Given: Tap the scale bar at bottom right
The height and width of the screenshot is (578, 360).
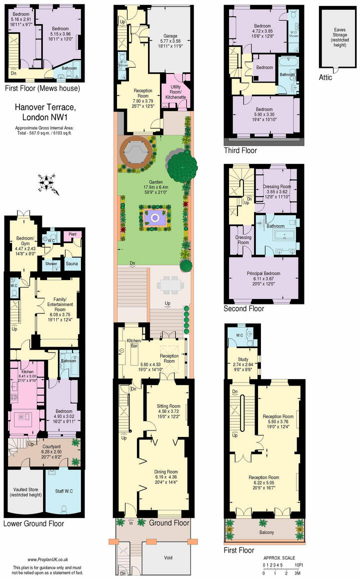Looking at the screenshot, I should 282,566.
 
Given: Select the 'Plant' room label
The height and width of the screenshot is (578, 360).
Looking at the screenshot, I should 72,233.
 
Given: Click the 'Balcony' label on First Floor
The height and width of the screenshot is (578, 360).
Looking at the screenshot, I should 263,532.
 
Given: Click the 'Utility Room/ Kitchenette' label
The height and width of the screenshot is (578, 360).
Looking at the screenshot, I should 176,94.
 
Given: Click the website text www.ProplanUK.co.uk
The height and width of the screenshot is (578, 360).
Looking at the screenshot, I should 48,560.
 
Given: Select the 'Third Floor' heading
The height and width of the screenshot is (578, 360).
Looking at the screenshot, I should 241,150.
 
